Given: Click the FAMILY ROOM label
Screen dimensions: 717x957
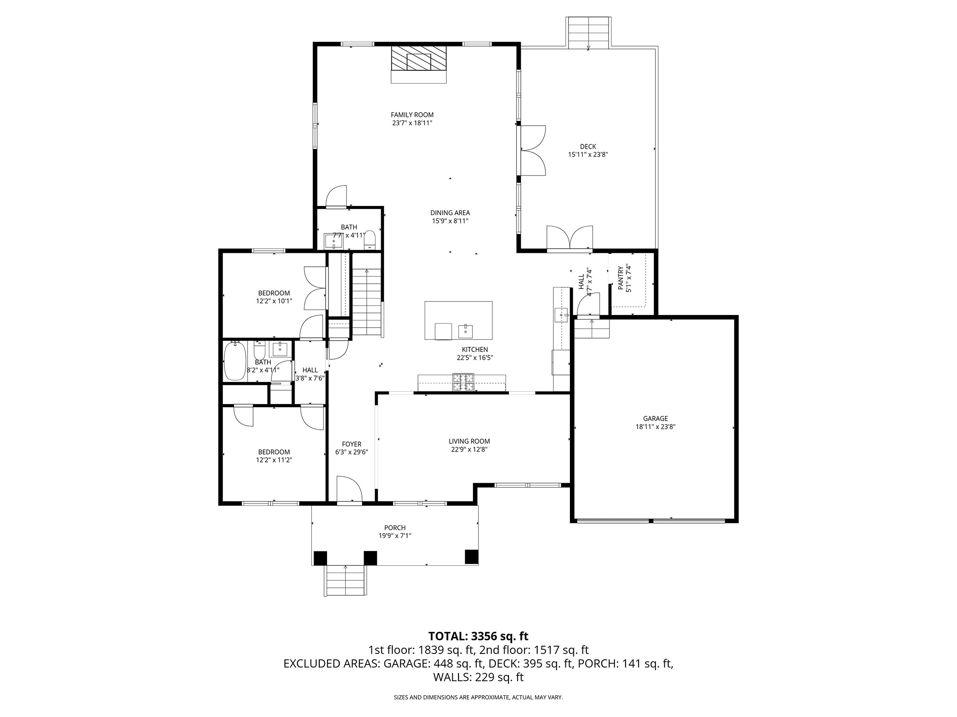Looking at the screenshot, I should pyautogui.click(x=412, y=115).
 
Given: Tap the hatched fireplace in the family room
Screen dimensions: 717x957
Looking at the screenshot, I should pyautogui.click(x=418, y=59).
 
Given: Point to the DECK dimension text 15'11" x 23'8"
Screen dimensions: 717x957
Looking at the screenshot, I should pyautogui.click(x=588, y=154).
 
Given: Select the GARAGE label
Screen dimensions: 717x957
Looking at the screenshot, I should pyautogui.click(x=655, y=419).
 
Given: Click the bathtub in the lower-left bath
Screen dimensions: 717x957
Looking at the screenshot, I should pyautogui.click(x=235, y=361).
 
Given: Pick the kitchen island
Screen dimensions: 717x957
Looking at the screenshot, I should pyautogui.click(x=458, y=320).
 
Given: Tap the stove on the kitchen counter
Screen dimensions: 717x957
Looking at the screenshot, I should pyautogui.click(x=463, y=382).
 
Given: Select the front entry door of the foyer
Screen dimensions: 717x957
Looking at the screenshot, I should pyautogui.click(x=349, y=490).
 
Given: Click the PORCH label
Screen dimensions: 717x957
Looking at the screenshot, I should pyautogui.click(x=395, y=528).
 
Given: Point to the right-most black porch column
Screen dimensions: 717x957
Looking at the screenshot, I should pyautogui.click(x=471, y=557).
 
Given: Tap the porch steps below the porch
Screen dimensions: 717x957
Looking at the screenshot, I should pyautogui.click(x=346, y=581).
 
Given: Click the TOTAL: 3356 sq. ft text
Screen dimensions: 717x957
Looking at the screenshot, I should pyautogui.click(x=478, y=636).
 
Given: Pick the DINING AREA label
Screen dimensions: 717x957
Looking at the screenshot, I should pyautogui.click(x=450, y=213).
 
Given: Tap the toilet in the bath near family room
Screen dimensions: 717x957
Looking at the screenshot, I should pyautogui.click(x=370, y=239).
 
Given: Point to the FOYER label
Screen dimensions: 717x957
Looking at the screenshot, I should pyautogui.click(x=351, y=444).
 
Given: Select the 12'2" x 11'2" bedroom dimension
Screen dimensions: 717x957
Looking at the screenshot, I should pyautogui.click(x=274, y=460).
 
